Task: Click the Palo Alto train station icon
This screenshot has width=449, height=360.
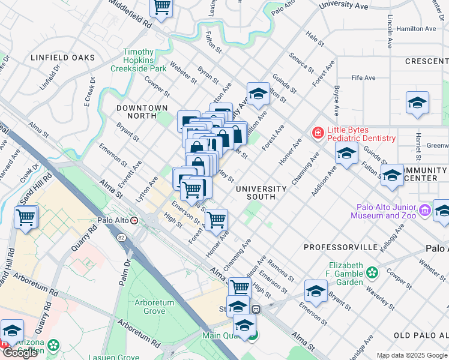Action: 134,220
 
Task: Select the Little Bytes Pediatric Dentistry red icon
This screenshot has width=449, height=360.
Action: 316,133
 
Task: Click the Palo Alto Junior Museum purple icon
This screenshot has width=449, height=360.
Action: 426,210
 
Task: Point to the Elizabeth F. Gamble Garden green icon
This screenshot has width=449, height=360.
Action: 373,273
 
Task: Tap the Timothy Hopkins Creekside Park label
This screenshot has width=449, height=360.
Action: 145,61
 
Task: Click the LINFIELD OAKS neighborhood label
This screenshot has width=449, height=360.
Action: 63,58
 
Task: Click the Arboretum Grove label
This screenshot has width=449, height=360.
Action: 154,307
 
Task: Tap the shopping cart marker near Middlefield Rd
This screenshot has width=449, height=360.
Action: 161,7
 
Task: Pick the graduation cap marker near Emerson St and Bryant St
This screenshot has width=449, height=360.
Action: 316,291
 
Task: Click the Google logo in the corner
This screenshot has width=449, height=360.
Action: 20,353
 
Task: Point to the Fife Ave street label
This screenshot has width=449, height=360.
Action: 363,78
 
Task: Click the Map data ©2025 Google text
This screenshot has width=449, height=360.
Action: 412,355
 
